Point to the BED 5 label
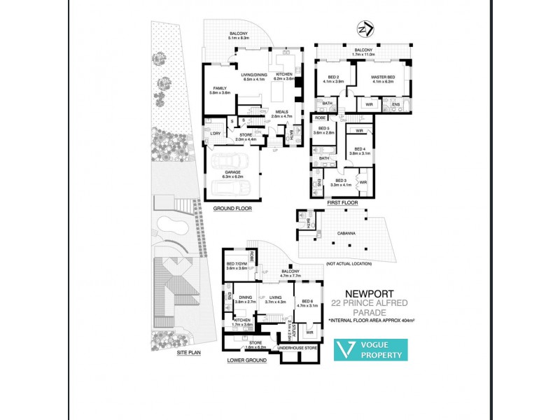323,129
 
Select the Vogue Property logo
370,350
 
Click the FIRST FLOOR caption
342,202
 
